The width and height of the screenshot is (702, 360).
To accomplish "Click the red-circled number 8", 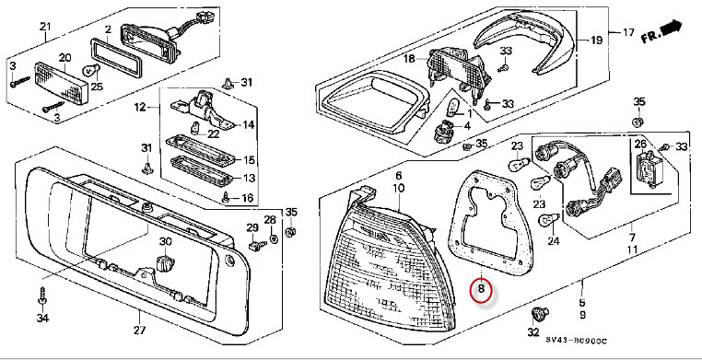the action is click(481, 289).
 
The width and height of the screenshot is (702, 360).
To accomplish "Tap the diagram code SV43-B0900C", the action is click(576, 341).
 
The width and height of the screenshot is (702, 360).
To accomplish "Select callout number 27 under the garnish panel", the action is click(139, 331).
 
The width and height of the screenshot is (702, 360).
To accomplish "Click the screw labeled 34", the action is click(42, 296).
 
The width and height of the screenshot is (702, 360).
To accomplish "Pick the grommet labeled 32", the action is click(539, 313).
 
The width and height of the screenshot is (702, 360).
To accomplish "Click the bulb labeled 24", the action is click(550, 219).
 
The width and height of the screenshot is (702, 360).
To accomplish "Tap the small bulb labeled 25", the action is click(88, 70).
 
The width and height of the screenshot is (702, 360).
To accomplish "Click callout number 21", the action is click(45, 27).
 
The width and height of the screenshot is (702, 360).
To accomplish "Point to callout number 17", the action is click(628, 32).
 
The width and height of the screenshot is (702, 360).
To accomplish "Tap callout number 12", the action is click(140, 108).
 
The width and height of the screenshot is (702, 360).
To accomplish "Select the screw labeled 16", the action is click(226, 197).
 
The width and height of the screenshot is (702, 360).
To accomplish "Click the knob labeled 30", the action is click(165, 264).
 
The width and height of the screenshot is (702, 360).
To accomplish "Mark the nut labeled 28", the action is click(275, 238).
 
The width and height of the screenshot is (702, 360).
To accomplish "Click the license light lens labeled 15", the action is click(201, 150).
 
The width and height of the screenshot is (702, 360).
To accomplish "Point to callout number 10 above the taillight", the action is click(398, 189).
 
